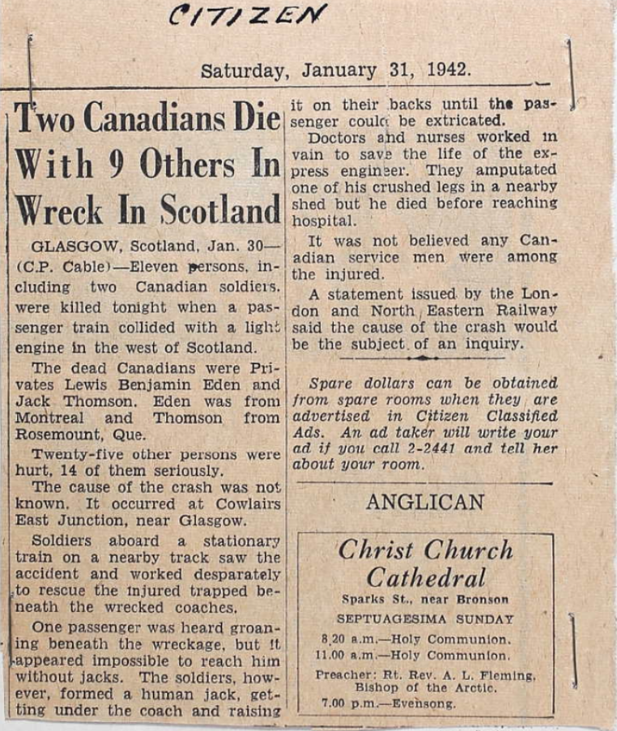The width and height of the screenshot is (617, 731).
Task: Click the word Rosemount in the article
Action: [x=53, y=435]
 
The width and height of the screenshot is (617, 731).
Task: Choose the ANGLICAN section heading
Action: [x=424, y=503]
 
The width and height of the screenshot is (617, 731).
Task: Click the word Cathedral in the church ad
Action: [x=425, y=578]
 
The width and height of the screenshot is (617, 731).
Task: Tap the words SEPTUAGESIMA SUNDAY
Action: [x=426, y=619]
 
